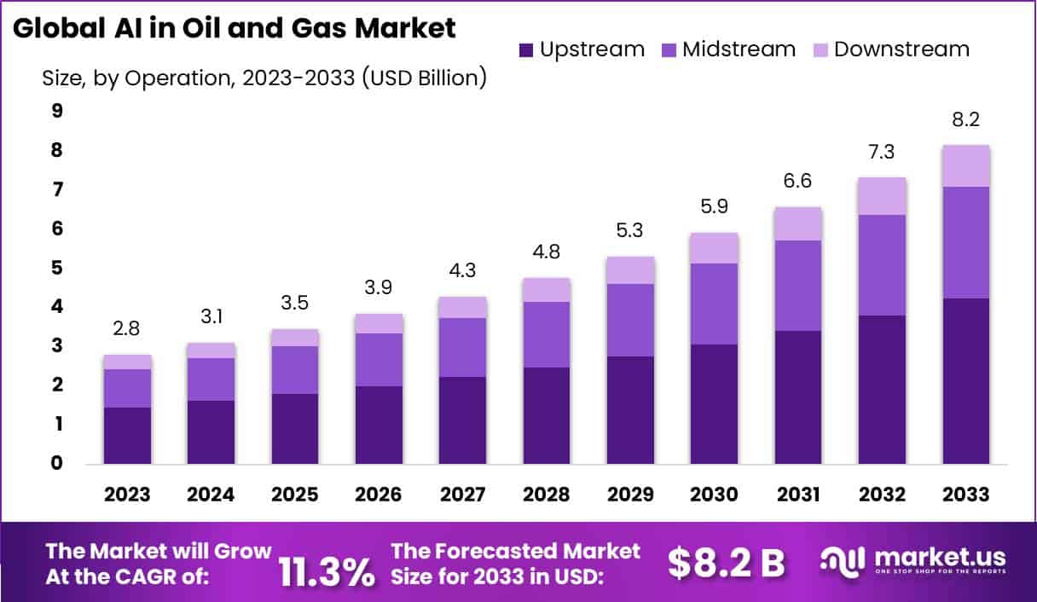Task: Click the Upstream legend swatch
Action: tap(525, 49)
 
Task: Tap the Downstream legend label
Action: tap(901, 49)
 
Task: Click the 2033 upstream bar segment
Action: tap(966, 381)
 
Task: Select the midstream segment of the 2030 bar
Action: tap(715, 304)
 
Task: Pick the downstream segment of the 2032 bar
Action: tap(883, 196)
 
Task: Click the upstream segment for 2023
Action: tap(127, 436)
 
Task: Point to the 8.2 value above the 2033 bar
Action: tap(966, 121)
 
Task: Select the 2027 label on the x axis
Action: tap(462, 495)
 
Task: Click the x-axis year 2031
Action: tap(798, 495)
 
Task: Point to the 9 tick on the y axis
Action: tap(58, 110)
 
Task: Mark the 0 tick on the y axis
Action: tap(58, 464)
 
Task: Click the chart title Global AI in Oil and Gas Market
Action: tap(234, 27)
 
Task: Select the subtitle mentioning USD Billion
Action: tap(264, 78)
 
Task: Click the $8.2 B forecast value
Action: tap(726, 563)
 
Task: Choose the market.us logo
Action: tap(913, 561)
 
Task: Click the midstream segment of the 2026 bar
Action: tap(379, 360)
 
